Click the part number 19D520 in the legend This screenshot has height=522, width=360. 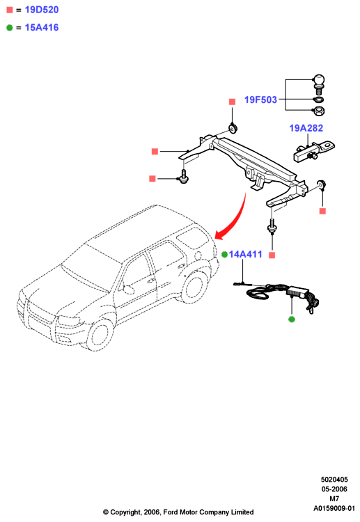pos(42,10)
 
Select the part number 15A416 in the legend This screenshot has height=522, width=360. pos(42,28)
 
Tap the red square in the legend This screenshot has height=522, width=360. pos(10,10)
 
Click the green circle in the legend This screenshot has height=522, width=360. pos(9,28)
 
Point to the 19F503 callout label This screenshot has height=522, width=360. pos(260,100)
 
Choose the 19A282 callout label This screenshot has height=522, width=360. pos(306,128)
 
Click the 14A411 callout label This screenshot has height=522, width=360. pos(245,254)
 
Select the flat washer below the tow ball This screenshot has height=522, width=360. pos(319,100)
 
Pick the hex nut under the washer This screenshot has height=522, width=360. pos(319,110)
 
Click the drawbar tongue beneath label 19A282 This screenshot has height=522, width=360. pos(314,151)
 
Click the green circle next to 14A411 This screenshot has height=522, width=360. pos(224,255)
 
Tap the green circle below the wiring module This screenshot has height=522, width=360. pos(292,319)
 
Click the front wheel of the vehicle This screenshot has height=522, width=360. pos(100,335)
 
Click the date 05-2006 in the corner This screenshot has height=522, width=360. pos(334,489)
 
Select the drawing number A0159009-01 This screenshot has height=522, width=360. pos(334,508)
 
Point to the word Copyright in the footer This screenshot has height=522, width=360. pos(125,512)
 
